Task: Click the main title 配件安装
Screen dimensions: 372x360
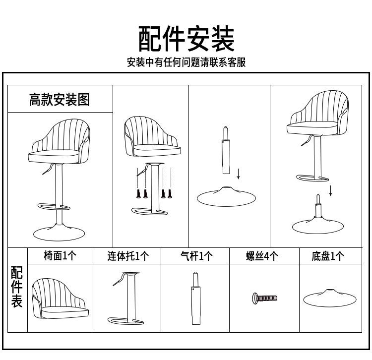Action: point(186,39)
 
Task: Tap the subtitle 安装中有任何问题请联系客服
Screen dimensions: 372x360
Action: point(186,62)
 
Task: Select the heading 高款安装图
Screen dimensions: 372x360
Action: point(60,99)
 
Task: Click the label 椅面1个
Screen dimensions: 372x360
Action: point(60,256)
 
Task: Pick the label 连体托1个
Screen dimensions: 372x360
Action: point(128,256)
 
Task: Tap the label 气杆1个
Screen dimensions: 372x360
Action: point(196,256)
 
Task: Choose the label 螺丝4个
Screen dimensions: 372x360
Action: point(262,256)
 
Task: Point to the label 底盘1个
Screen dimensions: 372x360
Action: point(328,256)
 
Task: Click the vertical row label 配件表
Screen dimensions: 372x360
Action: point(16,287)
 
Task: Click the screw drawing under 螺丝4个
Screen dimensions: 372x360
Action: point(264,298)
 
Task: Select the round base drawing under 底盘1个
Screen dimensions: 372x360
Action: point(330,298)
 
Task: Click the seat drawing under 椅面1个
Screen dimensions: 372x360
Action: point(60,299)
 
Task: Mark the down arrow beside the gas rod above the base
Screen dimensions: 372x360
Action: point(239,174)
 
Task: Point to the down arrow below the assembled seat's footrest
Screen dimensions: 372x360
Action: point(330,191)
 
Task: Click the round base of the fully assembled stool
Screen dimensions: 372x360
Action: point(59,234)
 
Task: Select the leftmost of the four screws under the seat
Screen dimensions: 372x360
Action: point(138,193)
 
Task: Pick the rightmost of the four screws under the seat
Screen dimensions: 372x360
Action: point(170,193)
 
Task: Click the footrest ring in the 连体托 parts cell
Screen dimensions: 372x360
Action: point(112,321)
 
